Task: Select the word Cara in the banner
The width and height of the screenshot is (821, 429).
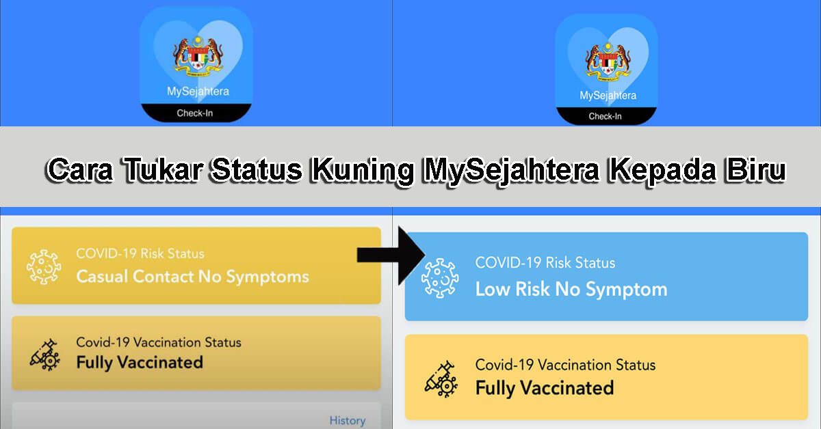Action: [x=80, y=170]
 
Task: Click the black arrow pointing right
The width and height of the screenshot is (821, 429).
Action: [x=391, y=255]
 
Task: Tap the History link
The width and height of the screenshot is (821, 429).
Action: [x=347, y=420]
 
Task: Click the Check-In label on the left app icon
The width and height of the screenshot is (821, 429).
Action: [x=194, y=113]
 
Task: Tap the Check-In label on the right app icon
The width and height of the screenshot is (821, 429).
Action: [x=605, y=116]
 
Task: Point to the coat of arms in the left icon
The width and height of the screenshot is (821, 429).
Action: [x=197, y=57]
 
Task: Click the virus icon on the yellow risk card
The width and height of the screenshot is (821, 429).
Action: [x=44, y=267]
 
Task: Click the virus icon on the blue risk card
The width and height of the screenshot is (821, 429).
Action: [x=440, y=276]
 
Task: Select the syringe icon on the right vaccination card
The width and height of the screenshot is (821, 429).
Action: [x=441, y=377]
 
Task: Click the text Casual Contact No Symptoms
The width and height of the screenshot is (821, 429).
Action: [x=192, y=277]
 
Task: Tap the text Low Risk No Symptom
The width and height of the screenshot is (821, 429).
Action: [x=571, y=289]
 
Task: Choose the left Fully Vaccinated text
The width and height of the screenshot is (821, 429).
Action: [x=140, y=361]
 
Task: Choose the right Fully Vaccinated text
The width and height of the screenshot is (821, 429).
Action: [x=545, y=388]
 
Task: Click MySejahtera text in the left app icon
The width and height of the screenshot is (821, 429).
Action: [x=198, y=91]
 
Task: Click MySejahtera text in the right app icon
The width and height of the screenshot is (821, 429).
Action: [x=608, y=96]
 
